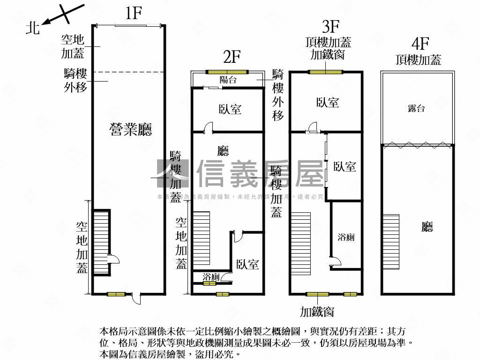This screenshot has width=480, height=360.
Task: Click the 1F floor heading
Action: (133, 13)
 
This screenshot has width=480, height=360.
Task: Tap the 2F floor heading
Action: (232, 58)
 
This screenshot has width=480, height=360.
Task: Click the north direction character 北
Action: (32, 28)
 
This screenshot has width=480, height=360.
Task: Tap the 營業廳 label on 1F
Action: (131, 129)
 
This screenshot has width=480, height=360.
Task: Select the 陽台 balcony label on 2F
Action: (228, 80)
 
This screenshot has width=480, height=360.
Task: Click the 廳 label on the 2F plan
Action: (224, 150)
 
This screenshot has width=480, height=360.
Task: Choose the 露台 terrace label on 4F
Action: (416, 109)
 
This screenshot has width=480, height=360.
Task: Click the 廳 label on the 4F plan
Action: (427, 227)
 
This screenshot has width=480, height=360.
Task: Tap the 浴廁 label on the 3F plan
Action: (346, 237)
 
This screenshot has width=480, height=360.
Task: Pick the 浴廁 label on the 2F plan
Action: (211, 278)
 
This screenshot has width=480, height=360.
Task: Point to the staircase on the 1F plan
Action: (101, 242)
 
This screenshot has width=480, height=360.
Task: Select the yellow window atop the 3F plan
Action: (325, 72)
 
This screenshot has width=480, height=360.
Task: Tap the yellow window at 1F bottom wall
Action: (116, 294)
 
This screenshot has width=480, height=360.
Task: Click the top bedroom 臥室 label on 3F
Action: (328, 103)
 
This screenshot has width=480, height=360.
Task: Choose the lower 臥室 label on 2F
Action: (247, 264)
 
